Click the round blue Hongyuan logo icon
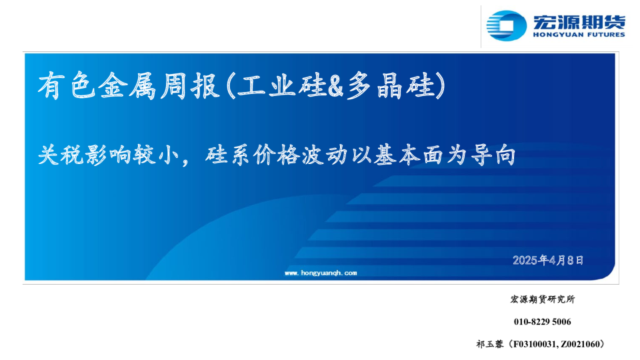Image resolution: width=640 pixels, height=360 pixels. coord(506,25)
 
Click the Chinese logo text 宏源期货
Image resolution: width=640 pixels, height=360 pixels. coord(579,21)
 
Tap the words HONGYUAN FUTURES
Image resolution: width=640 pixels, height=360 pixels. coord(579,35)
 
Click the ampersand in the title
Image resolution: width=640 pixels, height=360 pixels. coord(335,87)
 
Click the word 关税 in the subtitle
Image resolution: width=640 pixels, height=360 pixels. coord(61,155)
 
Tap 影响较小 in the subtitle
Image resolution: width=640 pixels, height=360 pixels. coord(132,155)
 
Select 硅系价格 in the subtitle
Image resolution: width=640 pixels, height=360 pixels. coord(252,155)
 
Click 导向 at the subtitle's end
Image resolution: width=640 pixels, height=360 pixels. coord(493,155)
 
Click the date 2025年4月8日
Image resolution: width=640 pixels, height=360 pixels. coord(548,260)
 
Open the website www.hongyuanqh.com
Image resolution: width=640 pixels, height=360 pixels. coord(321,273)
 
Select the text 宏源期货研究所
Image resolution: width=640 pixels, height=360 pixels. coord(543,299)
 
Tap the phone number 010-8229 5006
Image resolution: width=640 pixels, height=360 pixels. coord(543,321)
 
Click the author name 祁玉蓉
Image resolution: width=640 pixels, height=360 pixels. coord(490,344)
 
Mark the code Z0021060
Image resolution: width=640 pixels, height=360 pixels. coord(579,344)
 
